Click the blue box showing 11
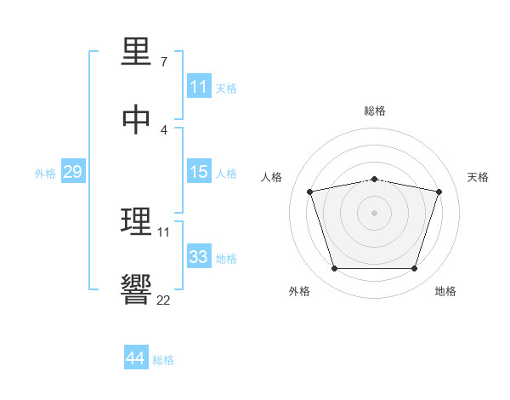[199, 87]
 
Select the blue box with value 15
[199, 172]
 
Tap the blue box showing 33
[199, 257]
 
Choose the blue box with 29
[72, 172]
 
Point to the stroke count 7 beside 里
[164, 62]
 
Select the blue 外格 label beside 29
[45, 173]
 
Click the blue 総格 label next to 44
[163, 360]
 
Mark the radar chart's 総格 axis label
[374, 111]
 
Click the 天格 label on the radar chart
[478, 177]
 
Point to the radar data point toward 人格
[310, 191]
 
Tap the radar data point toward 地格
[414, 269]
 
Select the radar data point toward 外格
[334, 269]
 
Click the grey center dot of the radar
[374, 213]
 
